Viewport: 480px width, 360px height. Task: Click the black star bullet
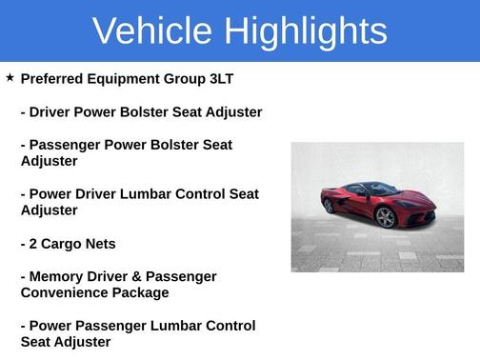coord(10,77)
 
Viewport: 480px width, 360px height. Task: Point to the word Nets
coord(101,244)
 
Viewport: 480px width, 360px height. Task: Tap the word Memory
coord(57,276)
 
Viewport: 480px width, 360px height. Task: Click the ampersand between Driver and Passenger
coord(141,276)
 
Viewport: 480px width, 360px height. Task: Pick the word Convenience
coord(67,292)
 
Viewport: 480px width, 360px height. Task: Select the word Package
coord(142,292)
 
